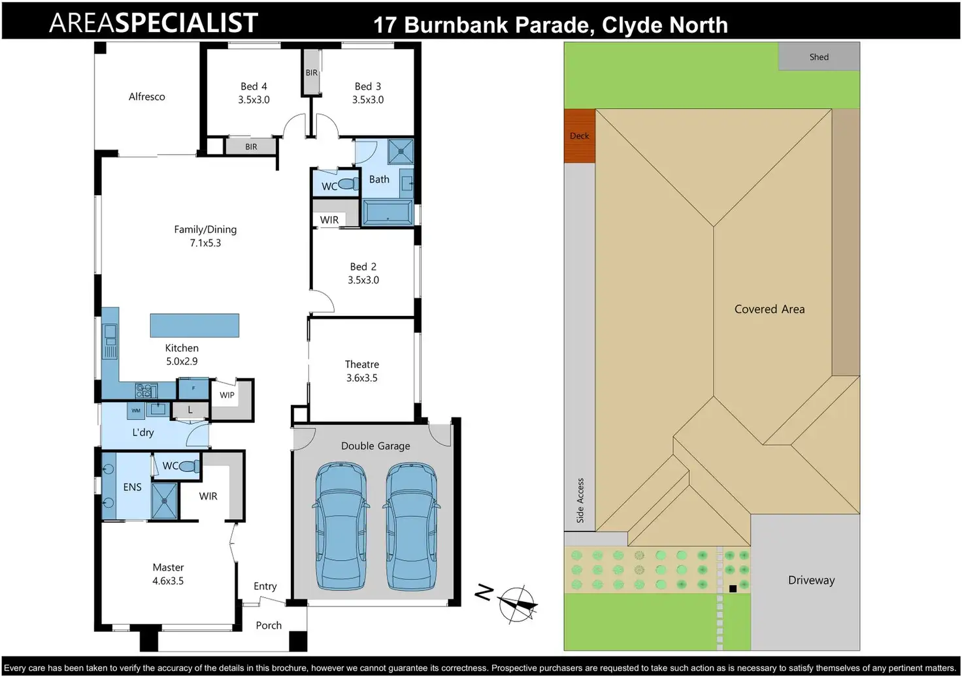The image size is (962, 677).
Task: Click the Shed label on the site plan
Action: [x=819, y=57]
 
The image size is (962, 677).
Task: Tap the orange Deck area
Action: [x=580, y=136]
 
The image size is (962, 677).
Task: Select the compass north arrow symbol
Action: [x=518, y=603]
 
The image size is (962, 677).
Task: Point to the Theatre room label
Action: [x=362, y=364]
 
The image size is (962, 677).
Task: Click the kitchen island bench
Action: [x=194, y=325]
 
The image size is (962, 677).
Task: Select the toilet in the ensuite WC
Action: [x=189, y=466]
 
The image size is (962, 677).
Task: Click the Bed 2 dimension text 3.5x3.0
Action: [x=363, y=280]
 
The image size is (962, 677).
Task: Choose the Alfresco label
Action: [x=147, y=97]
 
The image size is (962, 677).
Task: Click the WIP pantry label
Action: [x=227, y=395]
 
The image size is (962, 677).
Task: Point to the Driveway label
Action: [x=811, y=580]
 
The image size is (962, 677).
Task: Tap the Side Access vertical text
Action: [x=580, y=501]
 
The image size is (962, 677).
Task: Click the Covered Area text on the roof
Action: [x=769, y=309]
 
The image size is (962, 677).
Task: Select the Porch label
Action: [x=269, y=625]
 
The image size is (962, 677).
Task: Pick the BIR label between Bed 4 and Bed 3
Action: [x=312, y=73]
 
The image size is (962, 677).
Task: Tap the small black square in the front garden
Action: [x=733, y=589]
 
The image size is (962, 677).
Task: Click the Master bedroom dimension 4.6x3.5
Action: [x=168, y=581]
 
